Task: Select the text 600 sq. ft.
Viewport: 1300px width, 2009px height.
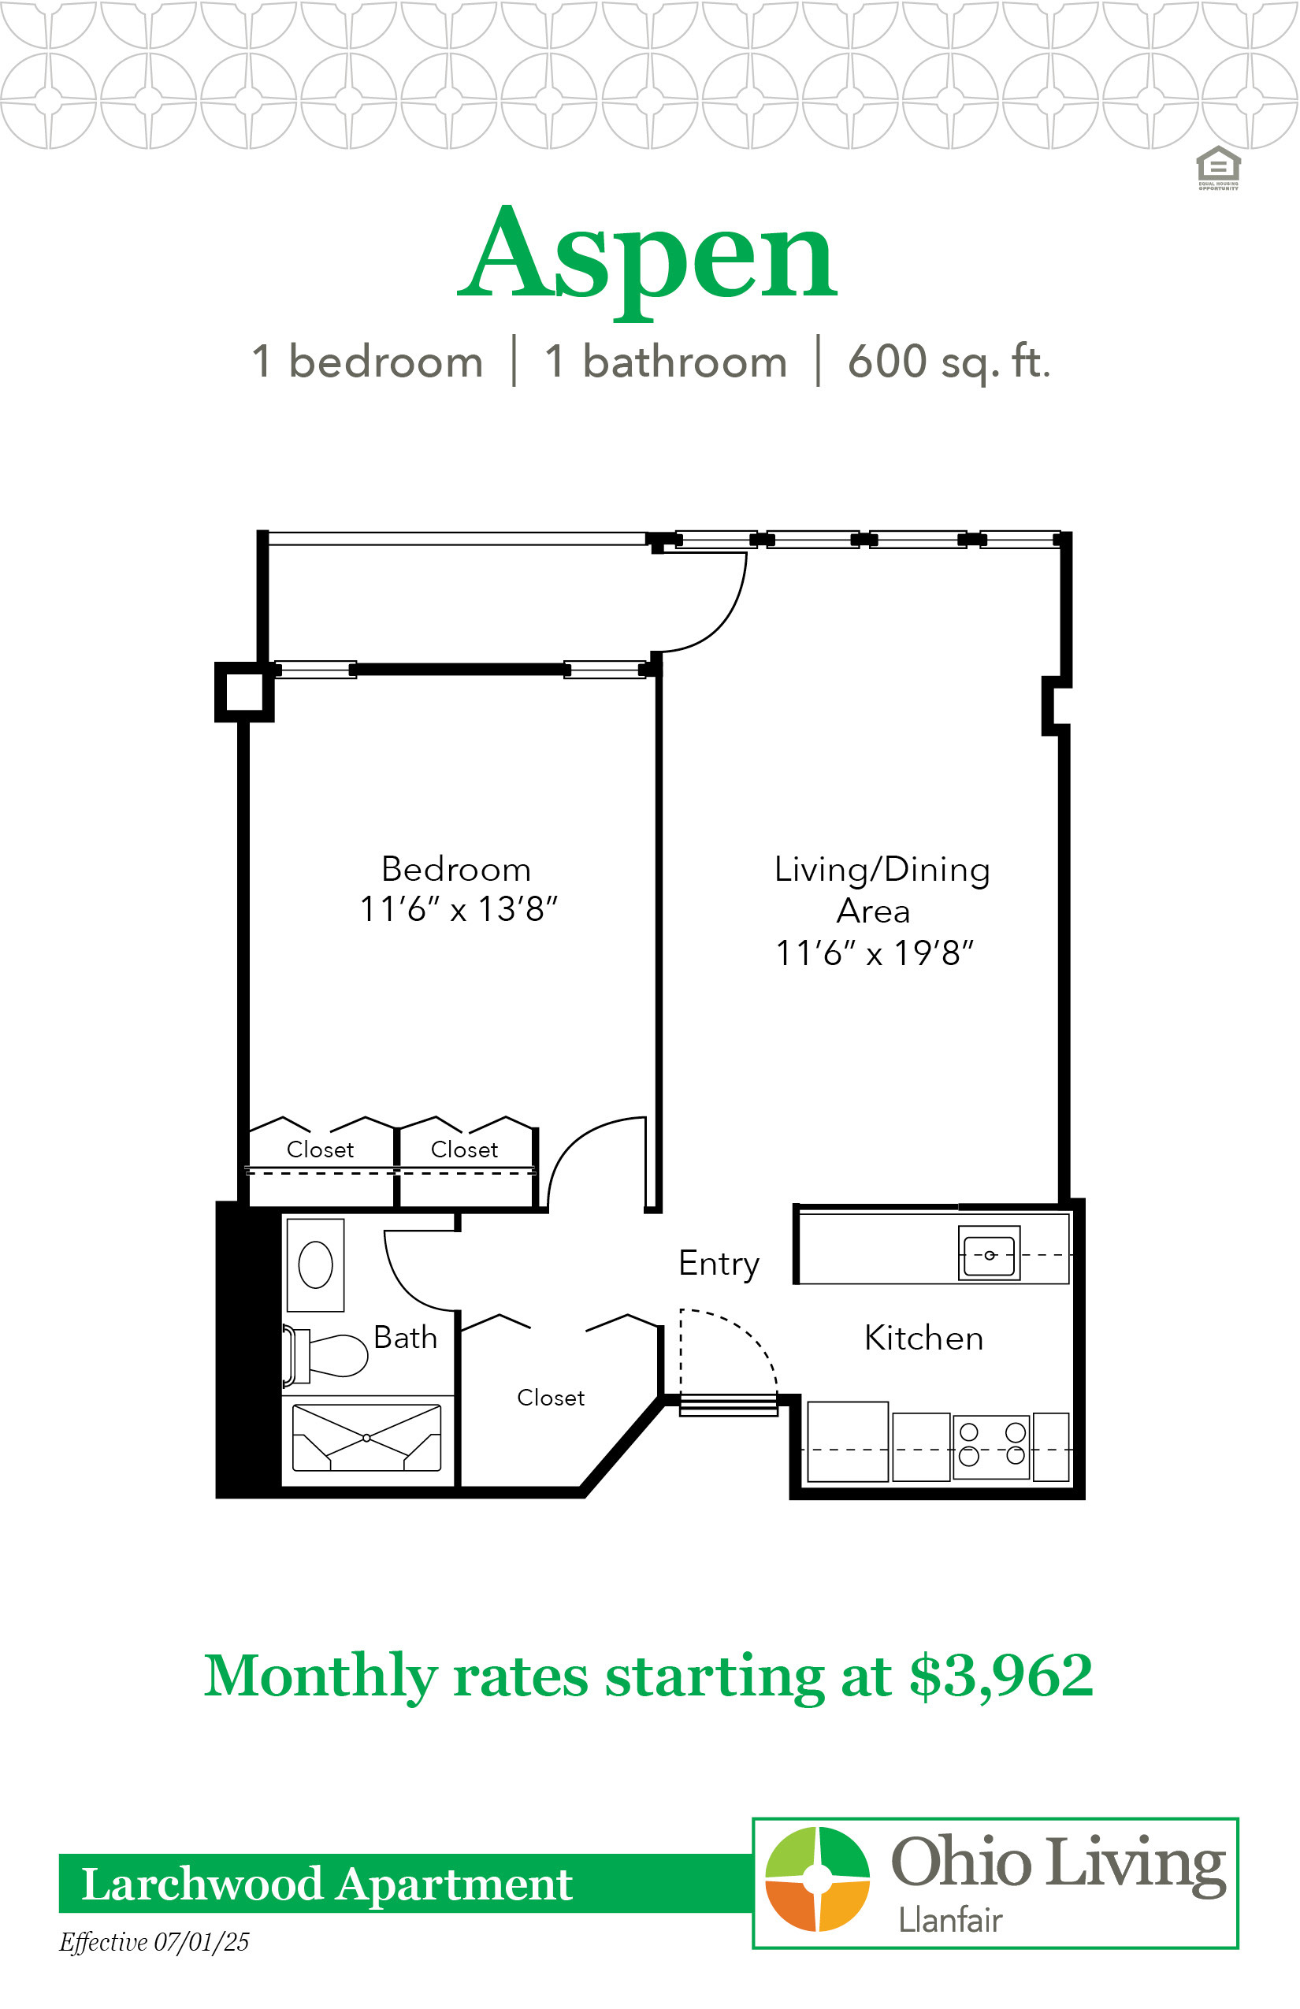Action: point(949,362)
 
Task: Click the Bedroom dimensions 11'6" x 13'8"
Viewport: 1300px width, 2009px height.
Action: point(459,909)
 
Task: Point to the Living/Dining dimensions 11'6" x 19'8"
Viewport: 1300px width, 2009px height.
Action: point(875,953)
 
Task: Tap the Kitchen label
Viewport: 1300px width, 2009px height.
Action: point(924,1338)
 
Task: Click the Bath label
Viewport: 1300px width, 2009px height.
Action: point(405,1338)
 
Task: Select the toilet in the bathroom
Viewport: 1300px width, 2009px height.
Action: point(325,1355)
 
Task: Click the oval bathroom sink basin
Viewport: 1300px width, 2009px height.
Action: point(316,1264)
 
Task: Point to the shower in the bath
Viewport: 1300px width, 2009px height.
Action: point(366,1438)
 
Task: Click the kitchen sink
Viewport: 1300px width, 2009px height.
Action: point(990,1253)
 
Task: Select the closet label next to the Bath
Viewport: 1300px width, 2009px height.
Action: point(552,1398)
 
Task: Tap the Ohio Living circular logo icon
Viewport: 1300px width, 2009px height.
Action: point(817,1879)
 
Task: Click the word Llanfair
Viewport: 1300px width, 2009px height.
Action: point(950,1921)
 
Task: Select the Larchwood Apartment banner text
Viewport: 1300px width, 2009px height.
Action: point(327,1884)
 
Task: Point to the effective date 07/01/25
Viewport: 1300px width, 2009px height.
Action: point(202,1941)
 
